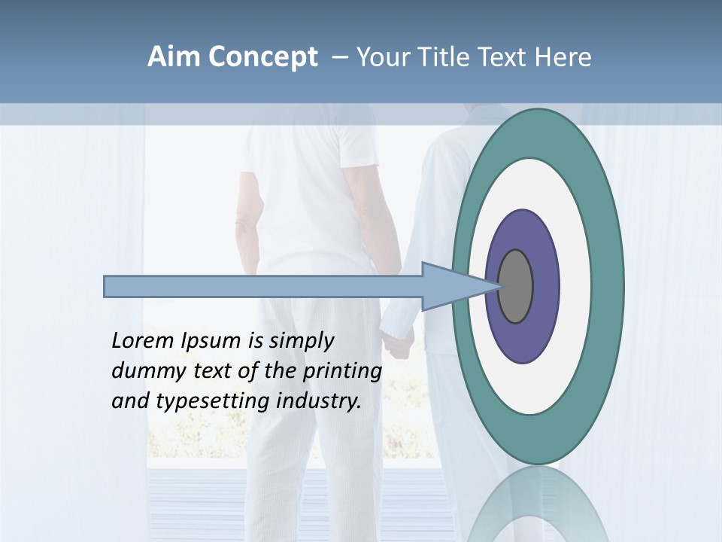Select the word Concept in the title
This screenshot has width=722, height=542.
tap(262, 57)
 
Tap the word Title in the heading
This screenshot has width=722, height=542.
tap(447, 57)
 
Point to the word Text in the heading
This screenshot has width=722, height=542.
tap(506, 57)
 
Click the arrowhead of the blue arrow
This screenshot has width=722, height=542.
tap(451, 286)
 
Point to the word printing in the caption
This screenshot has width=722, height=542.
tap(341, 372)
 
